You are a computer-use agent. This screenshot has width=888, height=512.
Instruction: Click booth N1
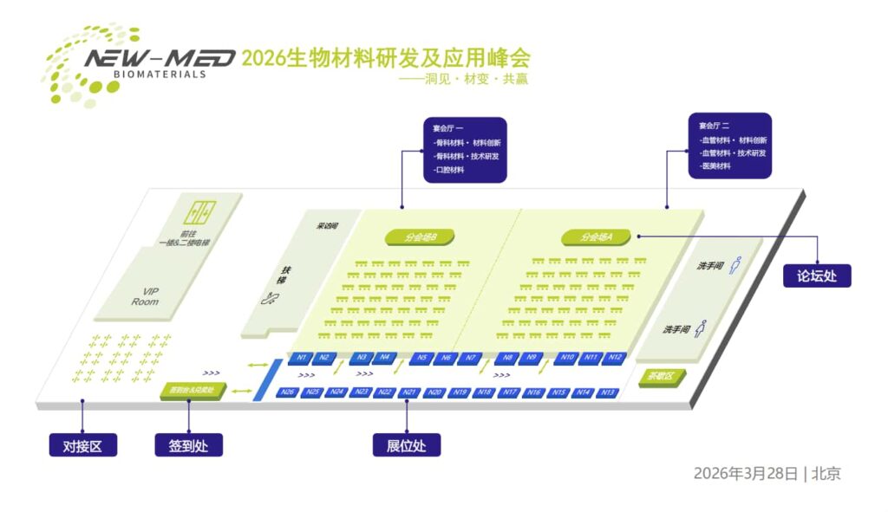(x=301, y=357)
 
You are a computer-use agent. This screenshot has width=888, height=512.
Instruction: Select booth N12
(x=614, y=357)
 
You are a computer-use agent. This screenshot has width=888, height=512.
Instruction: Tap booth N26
(x=288, y=392)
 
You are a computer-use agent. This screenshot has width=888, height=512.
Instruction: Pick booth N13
(x=607, y=392)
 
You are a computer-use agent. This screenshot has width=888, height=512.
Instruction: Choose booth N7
(x=469, y=357)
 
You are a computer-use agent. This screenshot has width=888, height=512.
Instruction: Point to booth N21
(x=410, y=392)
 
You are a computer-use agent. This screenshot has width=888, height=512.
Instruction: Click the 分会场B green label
(x=421, y=237)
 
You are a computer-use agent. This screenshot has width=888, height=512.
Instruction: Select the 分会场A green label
(x=597, y=237)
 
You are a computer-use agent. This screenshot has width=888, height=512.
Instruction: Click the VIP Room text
(x=146, y=296)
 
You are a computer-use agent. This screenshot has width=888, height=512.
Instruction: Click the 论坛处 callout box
(x=817, y=275)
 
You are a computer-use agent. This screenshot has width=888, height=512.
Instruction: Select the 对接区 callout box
(x=82, y=446)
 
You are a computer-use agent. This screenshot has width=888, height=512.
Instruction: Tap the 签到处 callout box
(x=188, y=446)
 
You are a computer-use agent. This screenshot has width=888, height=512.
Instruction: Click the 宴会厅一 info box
(x=465, y=149)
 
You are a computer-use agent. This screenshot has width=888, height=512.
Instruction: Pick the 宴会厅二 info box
(x=729, y=146)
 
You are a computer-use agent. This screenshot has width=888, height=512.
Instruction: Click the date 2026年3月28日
(x=744, y=473)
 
